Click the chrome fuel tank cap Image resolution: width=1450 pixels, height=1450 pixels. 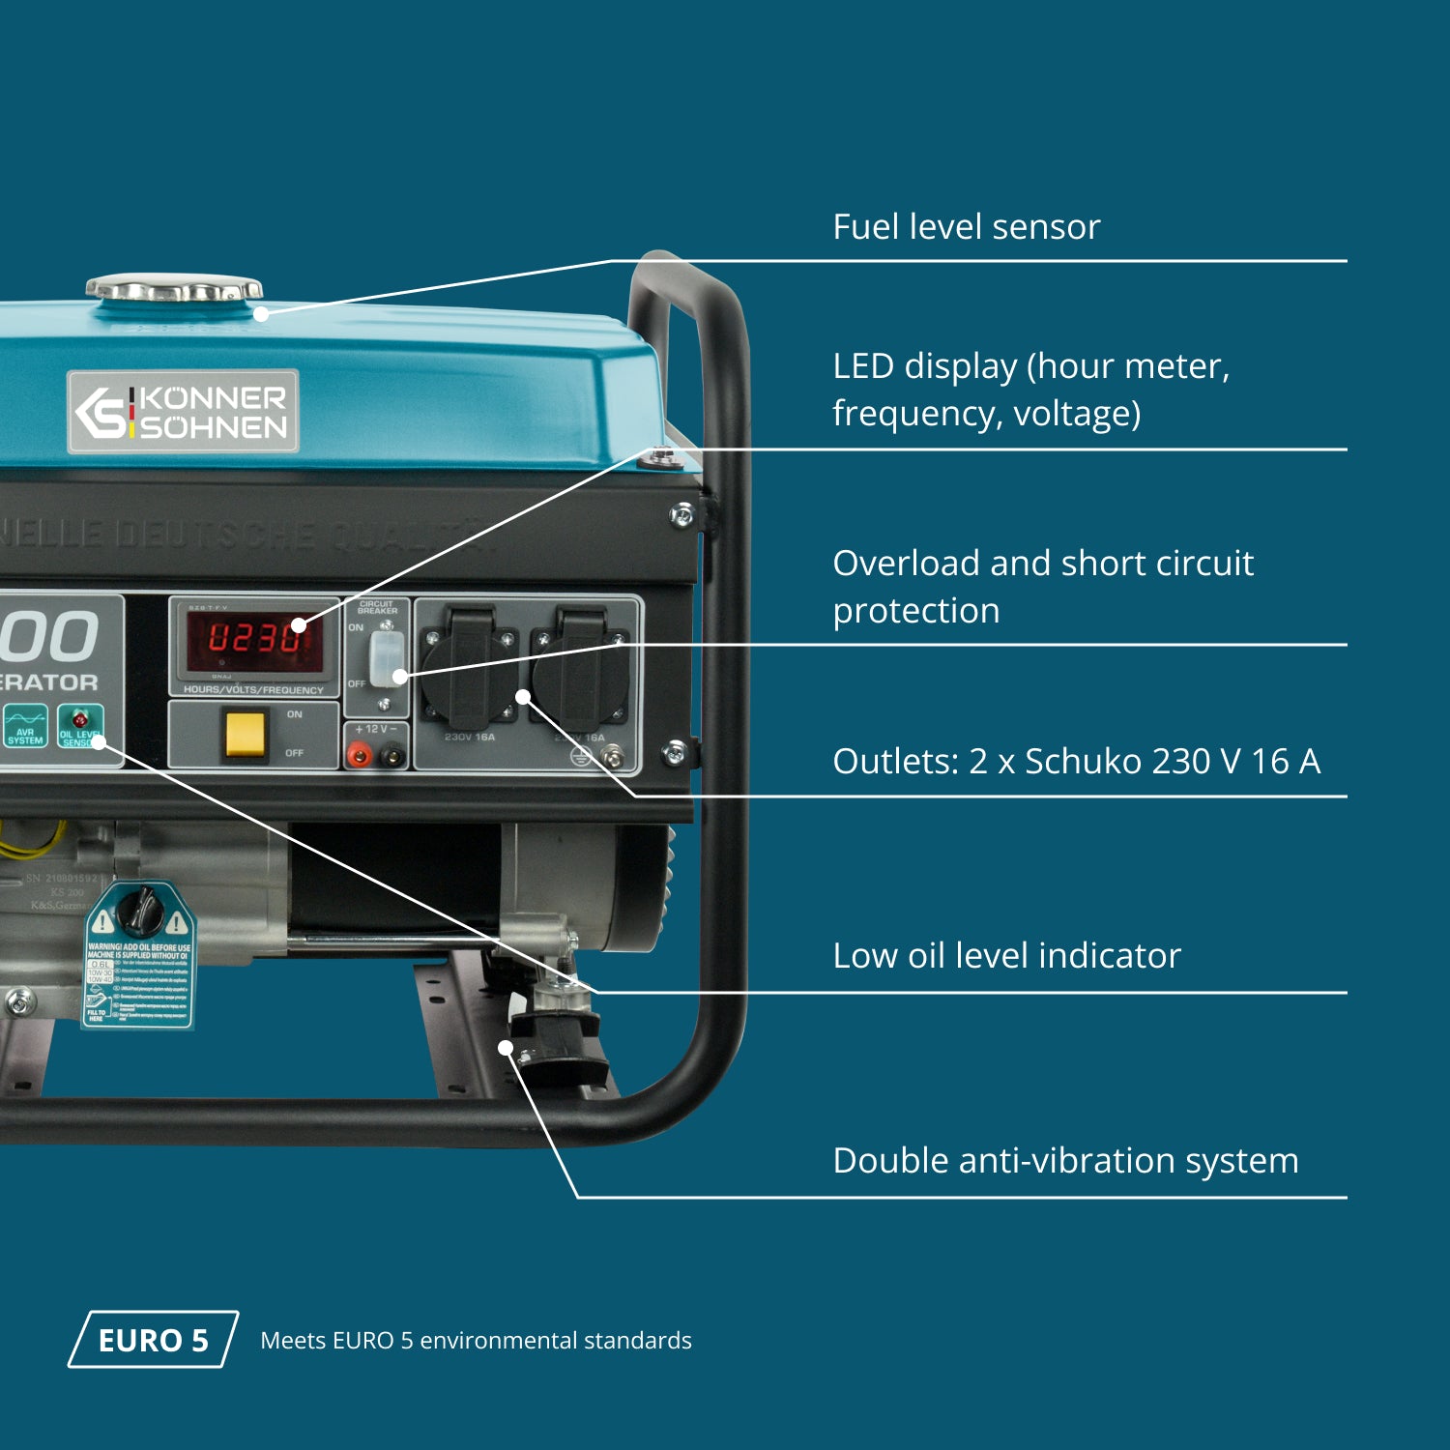174,288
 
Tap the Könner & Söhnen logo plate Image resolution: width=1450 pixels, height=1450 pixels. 183,412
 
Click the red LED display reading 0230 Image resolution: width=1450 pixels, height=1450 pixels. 254,639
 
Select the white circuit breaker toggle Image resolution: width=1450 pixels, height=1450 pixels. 385,658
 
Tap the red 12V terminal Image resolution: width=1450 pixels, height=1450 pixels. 360,755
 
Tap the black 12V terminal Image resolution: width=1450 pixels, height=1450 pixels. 392,755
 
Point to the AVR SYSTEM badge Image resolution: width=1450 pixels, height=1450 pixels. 25,726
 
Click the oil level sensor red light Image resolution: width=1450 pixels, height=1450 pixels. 80,719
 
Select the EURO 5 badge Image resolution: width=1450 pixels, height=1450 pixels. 153,1340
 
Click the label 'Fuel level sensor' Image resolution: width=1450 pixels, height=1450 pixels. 967,227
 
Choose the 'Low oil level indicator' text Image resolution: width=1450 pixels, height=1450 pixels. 1006,956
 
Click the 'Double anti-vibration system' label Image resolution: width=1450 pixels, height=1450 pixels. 1065,1161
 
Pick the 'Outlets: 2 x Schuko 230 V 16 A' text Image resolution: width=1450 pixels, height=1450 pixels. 1076,762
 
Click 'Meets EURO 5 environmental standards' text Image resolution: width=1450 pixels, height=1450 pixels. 476,1341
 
